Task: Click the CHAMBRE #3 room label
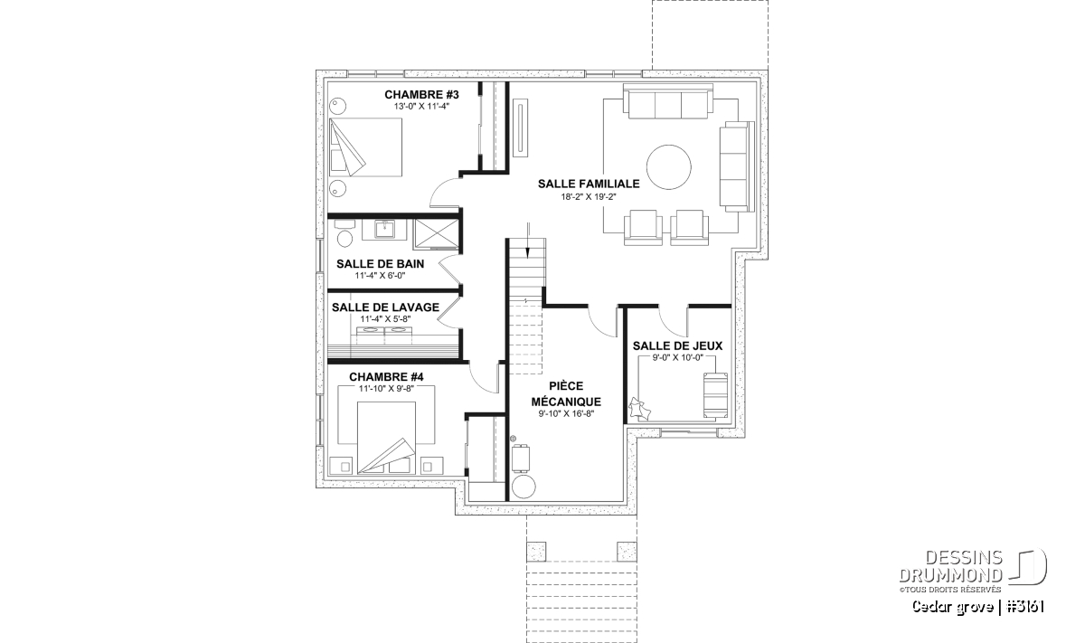pyautogui.click(x=421, y=94)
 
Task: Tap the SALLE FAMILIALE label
pyautogui.click(x=589, y=184)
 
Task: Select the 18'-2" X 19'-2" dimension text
pyautogui.click(x=588, y=197)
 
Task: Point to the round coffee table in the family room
pyautogui.click(x=668, y=167)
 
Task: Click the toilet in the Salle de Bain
pyautogui.click(x=344, y=235)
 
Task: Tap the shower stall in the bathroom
pyautogui.click(x=436, y=234)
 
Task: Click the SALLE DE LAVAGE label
pyautogui.click(x=385, y=307)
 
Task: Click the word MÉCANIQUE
pyautogui.click(x=566, y=402)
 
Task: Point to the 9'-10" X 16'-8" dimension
pyautogui.click(x=566, y=414)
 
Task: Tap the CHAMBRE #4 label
pyautogui.click(x=386, y=377)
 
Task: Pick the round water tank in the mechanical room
pyautogui.click(x=524, y=486)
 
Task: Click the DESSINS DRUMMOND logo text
pyautogui.click(x=950, y=566)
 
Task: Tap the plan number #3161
pyautogui.click(x=1024, y=607)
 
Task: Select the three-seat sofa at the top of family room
pyautogui.click(x=668, y=101)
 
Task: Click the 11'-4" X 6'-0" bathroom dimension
pyautogui.click(x=380, y=276)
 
